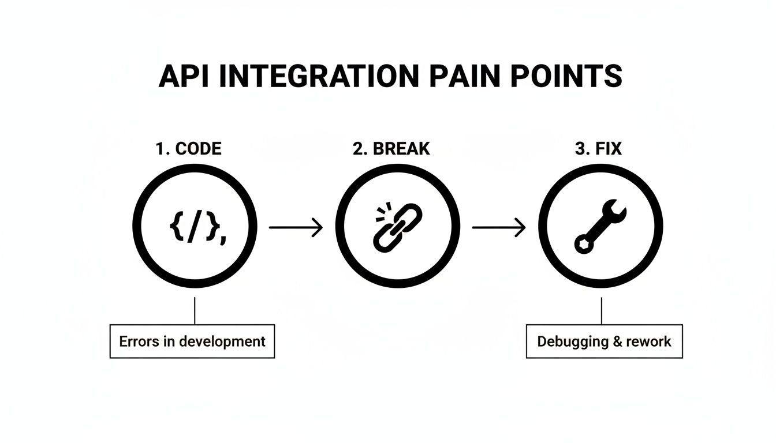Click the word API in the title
pos(180,76)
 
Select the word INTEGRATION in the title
pos(306,76)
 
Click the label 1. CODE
pos(188,149)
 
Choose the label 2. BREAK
pos(391,149)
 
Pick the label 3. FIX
pos(598,149)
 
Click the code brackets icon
pos(195,228)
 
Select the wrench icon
pos(600,226)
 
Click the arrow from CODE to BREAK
pos(296,228)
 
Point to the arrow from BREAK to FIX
pos(498,228)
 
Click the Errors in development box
pos(192,341)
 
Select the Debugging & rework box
pos(604,341)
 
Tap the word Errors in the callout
pos(139,341)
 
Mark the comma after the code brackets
pos(223,238)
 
